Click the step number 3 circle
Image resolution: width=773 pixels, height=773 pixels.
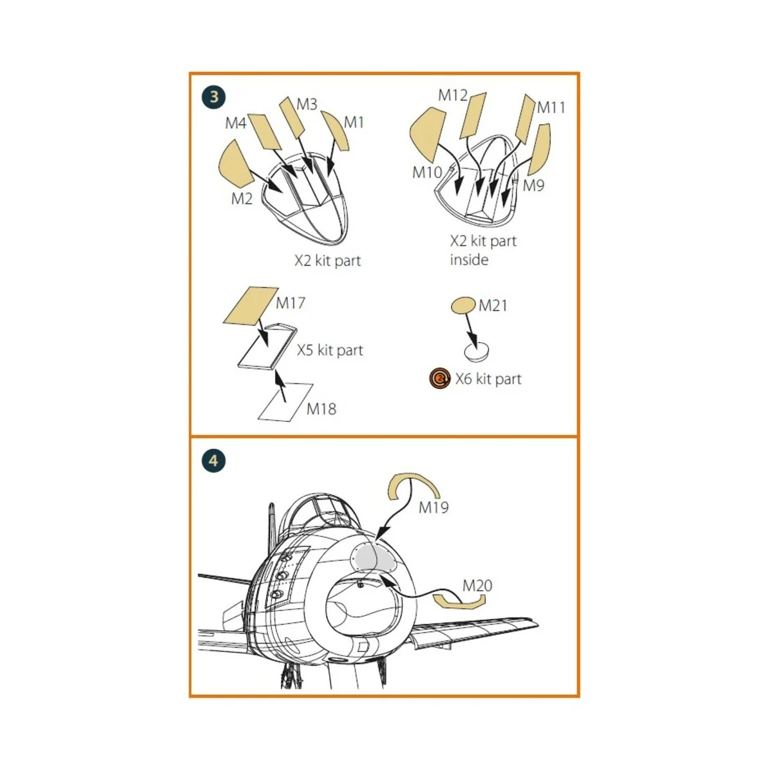tap(215, 97)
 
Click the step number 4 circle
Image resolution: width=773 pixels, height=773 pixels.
tap(214, 461)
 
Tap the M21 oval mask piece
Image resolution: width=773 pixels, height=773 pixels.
tap(463, 306)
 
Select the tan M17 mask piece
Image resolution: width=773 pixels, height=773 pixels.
tap(251, 306)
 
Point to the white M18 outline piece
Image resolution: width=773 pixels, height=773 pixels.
tap(285, 402)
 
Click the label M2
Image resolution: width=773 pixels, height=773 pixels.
tap(242, 198)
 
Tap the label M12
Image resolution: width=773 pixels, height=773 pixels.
tap(452, 95)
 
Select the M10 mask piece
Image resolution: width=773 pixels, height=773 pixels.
tap(427, 135)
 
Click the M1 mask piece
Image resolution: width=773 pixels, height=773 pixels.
tap(336, 131)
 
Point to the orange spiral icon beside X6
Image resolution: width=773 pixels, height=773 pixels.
tap(440, 378)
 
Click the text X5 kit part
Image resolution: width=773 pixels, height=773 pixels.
tap(330, 350)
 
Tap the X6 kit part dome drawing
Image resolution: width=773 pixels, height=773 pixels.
tap(477, 351)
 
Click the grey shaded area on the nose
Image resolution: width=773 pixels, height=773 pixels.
tap(373, 558)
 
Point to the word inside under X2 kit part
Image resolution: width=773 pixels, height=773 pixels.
tap(469, 260)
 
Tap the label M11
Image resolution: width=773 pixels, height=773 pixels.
tap(550, 108)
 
